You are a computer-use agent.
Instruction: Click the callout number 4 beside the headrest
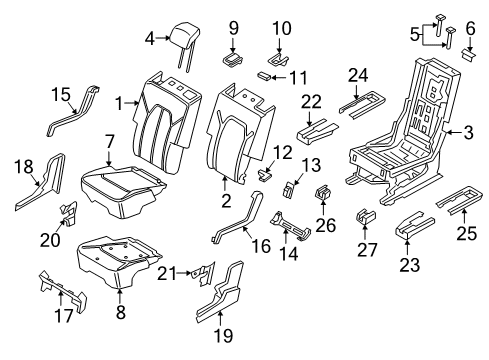pos(150,39)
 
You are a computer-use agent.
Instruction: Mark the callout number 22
pos(312,100)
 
